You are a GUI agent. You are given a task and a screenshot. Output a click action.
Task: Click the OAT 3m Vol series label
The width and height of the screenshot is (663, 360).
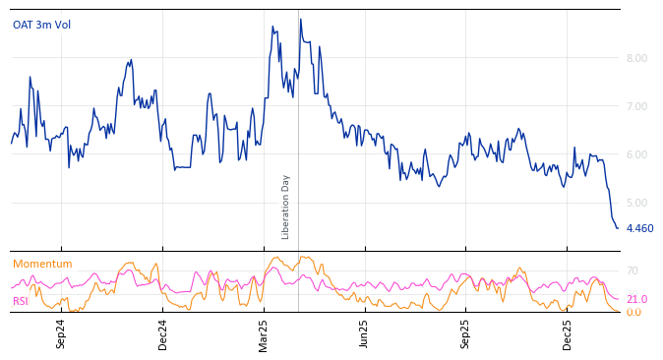click(x=41, y=25)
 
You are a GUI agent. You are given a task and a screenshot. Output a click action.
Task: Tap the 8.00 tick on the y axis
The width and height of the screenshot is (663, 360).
click(x=636, y=58)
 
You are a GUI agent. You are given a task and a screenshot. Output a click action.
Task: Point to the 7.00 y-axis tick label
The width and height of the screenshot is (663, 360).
click(x=636, y=106)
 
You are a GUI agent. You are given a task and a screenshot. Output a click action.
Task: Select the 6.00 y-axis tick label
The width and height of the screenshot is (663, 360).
click(x=636, y=154)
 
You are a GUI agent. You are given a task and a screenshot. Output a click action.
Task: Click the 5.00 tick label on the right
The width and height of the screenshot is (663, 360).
click(x=636, y=203)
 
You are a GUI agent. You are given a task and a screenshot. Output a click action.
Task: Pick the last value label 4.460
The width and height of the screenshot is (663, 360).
click(x=639, y=228)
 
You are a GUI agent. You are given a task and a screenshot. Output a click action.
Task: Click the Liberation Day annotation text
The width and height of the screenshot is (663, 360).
click(x=286, y=207)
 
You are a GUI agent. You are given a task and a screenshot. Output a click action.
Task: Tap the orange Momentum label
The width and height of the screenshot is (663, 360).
click(x=42, y=264)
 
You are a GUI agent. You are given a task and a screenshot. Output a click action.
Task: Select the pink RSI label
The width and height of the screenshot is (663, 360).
click(x=21, y=301)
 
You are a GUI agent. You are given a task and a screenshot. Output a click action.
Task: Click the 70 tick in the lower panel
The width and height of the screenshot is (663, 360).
click(x=633, y=270)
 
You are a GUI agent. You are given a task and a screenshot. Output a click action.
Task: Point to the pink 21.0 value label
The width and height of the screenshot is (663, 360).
click(x=636, y=299)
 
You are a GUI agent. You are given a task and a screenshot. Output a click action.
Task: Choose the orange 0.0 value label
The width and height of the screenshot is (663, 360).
click(x=633, y=312)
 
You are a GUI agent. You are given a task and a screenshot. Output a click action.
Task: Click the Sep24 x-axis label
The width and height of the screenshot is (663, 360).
click(x=61, y=333)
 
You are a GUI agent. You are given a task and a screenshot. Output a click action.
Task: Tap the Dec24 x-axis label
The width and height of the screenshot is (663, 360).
click(x=163, y=333)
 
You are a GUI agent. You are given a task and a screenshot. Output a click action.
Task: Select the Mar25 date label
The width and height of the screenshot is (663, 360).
click(x=264, y=333)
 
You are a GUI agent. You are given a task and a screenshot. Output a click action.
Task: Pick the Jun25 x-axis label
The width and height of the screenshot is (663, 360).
click(x=365, y=333)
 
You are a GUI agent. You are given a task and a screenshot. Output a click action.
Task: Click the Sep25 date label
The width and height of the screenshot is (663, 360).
click(x=466, y=333)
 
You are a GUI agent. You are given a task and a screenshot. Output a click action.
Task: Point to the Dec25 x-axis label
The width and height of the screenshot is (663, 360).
click(x=568, y=333)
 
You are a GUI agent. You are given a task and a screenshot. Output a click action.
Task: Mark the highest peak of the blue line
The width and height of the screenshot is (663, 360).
click(x=301, y=19)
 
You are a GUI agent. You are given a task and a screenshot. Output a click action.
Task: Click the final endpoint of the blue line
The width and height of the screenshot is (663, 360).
click(x=618, y=228)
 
